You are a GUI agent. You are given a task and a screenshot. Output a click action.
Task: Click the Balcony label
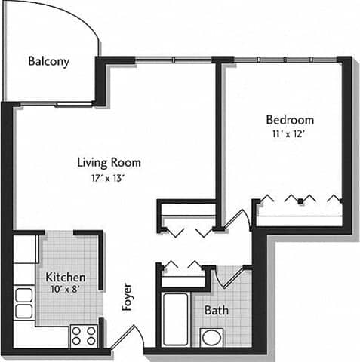(x=48, y=61)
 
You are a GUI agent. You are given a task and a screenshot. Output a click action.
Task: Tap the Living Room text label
(x=109, y=162)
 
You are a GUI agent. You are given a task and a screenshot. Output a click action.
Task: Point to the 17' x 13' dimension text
(x=109, y=178)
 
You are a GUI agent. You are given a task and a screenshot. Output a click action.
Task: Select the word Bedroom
(x=289, y=120)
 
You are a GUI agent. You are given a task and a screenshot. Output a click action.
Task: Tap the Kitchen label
(x=66, y=278)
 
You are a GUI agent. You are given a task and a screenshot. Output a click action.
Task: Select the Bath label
(x=217, y=310)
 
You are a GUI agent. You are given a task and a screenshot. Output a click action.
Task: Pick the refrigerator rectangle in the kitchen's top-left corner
(x=25, y=248)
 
